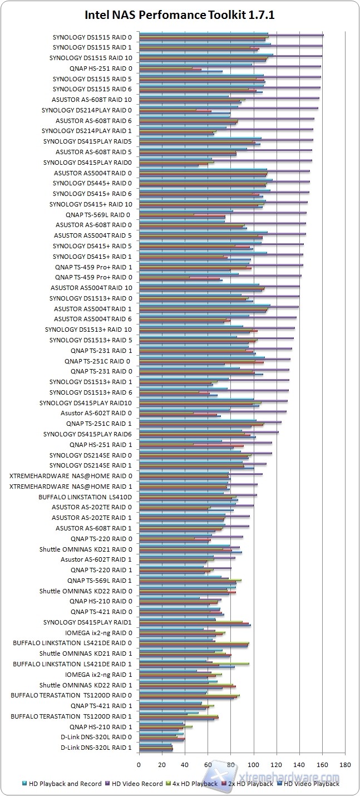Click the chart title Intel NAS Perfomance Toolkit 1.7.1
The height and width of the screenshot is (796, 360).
[180, 16]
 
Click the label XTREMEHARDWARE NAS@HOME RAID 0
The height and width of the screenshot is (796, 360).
[71, 476]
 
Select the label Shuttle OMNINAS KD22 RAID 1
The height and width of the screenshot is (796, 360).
[86, 685]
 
